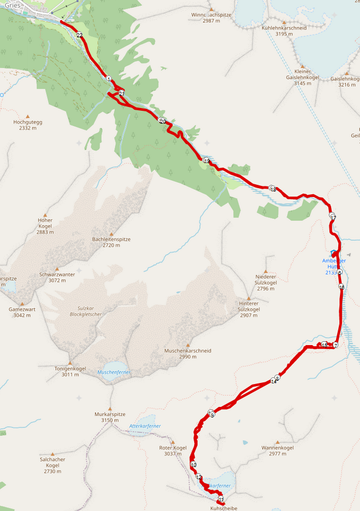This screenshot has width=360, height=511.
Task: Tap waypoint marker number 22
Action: point(80,35)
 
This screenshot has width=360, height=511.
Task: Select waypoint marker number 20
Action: point(162,121)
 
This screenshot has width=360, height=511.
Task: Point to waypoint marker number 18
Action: point(272,189)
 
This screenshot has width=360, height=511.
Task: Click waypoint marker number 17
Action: point(333,217)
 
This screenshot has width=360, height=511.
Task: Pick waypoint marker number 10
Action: point(193,465)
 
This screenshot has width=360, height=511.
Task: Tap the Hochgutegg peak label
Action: point(27,124)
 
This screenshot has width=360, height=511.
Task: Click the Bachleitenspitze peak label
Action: point(111,242)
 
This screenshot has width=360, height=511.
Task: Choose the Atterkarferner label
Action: point(145,426)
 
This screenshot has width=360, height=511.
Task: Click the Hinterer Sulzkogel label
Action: point(249,312)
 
